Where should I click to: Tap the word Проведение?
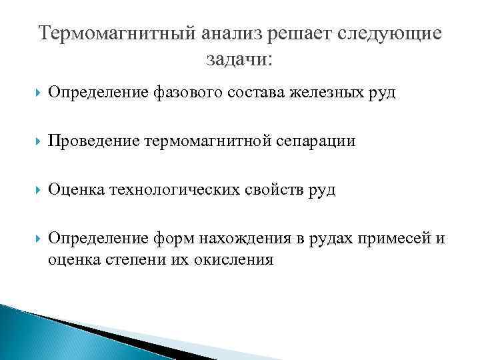click(90, 141)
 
